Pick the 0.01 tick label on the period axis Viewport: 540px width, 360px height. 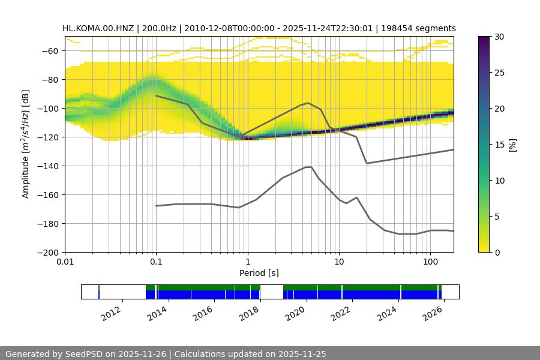(x=65, y=262)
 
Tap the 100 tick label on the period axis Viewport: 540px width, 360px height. (x=430, y=262)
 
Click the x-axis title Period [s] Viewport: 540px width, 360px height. (x=259, y=273)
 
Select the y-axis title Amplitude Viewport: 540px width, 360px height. (x=26, y=144)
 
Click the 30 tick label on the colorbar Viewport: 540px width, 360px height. (x=499, y=37)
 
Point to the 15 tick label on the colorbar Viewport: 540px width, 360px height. (x=499, y=145)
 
